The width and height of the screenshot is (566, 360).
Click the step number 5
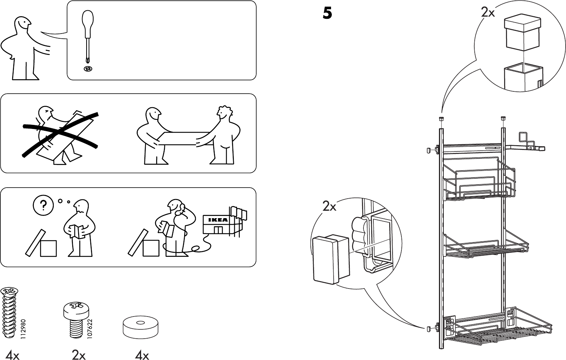327,13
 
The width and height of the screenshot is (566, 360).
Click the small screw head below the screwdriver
88,69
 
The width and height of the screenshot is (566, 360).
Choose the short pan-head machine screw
77,319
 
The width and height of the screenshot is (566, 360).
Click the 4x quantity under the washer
142,355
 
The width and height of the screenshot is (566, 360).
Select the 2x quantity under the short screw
78,355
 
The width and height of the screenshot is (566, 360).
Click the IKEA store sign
216,220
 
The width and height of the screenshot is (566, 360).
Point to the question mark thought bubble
43,205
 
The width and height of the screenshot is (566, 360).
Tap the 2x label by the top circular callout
488,13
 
